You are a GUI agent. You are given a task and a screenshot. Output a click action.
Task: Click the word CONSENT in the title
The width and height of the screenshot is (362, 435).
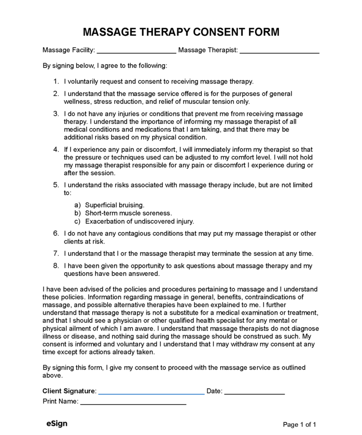tap(218, 32)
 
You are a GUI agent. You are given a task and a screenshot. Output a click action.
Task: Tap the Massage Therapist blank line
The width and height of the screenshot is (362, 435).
tap(279, 51)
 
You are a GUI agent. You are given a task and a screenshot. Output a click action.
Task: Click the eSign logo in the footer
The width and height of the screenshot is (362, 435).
tap(57, 424)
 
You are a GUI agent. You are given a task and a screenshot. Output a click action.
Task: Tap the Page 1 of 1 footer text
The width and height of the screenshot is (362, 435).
tap(299, 424)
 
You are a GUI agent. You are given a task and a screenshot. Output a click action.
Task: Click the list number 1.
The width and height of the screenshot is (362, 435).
tap(56, 82)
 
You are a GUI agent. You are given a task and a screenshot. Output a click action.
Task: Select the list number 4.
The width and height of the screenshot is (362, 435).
tap(56, 149)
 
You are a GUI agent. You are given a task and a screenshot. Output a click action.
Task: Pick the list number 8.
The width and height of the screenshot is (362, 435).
tap(56, 266)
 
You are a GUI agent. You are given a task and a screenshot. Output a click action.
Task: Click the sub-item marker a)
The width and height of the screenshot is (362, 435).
tap(77, 205)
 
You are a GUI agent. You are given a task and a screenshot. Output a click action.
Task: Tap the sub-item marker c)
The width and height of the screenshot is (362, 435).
tap(77, 221)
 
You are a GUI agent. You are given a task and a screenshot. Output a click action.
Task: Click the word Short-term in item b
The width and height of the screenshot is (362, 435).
tap(102, 213)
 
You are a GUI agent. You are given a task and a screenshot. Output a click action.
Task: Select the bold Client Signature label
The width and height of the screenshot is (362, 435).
tap(69, 391)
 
